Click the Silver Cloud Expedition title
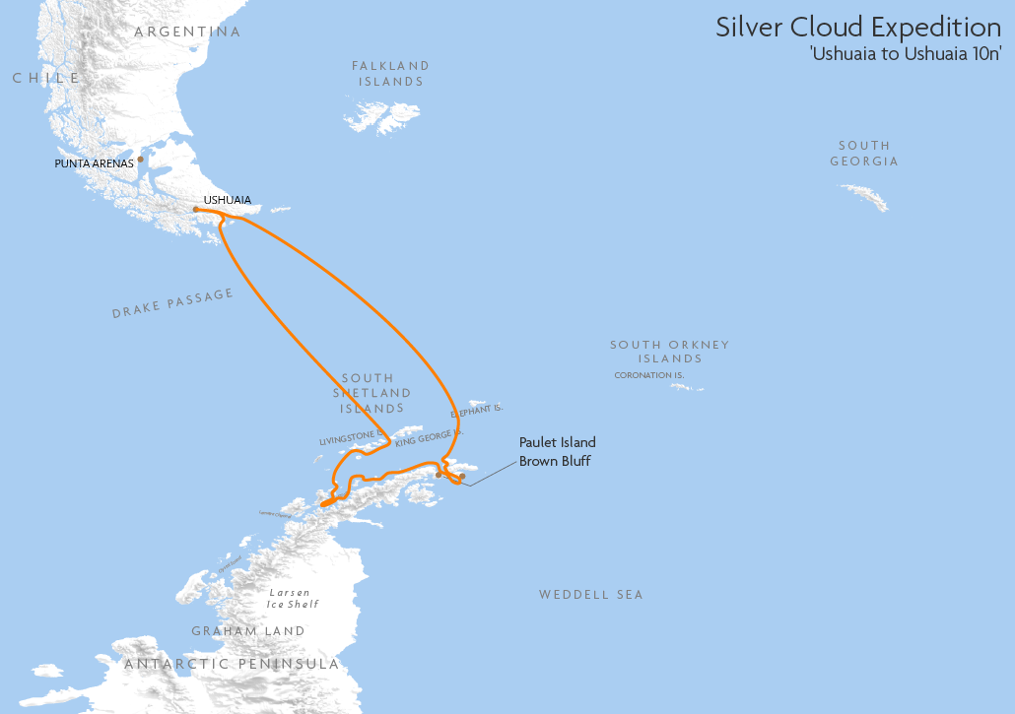point(857,27)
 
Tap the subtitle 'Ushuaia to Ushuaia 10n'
point(906,53)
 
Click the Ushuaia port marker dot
point(196,209)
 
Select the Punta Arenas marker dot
point(141,159)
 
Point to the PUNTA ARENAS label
point(94,163)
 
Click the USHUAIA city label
point(227,200)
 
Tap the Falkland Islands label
point(390,74)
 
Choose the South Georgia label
point(863,153)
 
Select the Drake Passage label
point(172,303)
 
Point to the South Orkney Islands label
point(669,352)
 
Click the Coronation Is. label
point(648,375)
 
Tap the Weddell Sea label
point(590,595)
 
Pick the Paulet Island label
point(558,443)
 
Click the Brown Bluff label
point(555,461)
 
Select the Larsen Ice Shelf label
point(293,599)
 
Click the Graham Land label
point(248,631)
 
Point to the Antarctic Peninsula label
point(232,665)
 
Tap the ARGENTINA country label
point(187,32)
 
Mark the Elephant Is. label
point(477,409)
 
